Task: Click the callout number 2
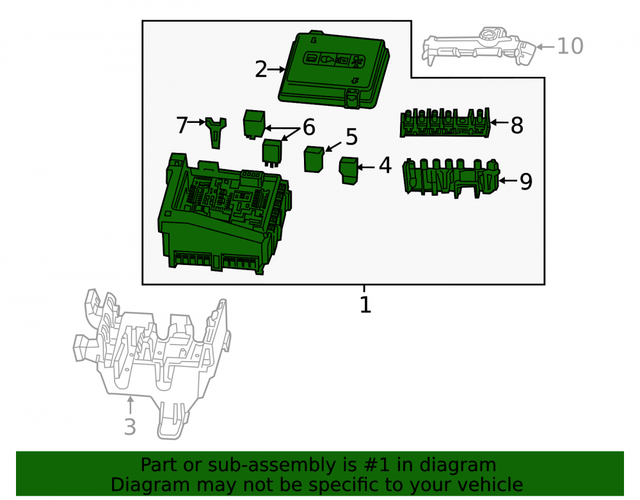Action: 261,69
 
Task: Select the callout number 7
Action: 182,125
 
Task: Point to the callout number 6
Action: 309,127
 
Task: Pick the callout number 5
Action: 351,137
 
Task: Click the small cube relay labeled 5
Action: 314,159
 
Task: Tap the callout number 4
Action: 385,165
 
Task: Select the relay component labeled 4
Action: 349,170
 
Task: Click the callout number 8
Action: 516,125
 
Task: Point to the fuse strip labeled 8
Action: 445,122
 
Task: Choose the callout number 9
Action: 526,182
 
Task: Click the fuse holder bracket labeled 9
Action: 451,178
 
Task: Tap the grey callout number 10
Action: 570,46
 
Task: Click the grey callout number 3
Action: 130,427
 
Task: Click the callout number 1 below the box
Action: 365,305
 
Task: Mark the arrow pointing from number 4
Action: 366,167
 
